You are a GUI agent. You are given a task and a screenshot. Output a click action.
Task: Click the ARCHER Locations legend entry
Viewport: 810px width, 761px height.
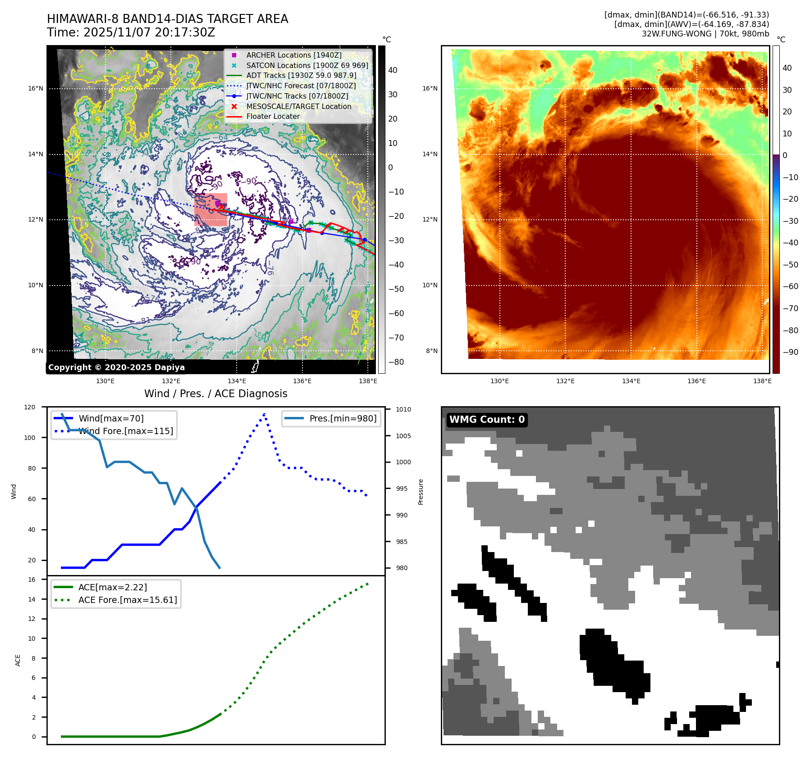coord(293,55)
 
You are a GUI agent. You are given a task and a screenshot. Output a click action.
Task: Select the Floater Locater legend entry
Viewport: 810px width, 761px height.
coord(273,116)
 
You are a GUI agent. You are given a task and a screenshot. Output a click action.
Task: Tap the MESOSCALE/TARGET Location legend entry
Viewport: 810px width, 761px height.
coord(298,106)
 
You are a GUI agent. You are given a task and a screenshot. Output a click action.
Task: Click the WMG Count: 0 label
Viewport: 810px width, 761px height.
coord(487,420)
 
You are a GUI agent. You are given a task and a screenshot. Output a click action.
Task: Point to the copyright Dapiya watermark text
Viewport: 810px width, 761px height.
coord(116,367)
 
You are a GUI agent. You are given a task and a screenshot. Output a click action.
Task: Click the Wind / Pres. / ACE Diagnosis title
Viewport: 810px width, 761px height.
coord(215,394)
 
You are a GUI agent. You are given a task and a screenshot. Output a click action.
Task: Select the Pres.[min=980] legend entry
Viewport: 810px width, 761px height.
coord(343,418)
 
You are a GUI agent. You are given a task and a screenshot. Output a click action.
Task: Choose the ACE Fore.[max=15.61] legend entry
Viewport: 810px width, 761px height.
coord(128,600)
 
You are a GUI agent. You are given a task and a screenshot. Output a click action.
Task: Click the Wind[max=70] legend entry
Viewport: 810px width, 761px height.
coord(111,418)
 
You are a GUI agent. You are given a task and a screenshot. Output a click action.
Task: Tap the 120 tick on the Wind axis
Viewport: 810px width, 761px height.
coord(30,407)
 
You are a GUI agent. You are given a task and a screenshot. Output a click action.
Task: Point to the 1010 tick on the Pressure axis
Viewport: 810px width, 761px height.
coord(403,409)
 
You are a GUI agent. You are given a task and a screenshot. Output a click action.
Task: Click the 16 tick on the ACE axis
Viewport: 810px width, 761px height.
coord(32,580)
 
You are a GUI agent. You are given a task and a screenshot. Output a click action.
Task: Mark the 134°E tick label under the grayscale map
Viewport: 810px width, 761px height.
coord(237,381)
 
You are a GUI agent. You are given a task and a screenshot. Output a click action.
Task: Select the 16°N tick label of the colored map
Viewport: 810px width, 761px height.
coord(430,88)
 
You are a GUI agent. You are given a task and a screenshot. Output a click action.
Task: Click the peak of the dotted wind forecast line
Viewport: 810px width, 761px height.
coord(264,413)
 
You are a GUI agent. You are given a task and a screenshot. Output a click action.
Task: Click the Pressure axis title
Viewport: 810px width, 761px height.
coord(421,492)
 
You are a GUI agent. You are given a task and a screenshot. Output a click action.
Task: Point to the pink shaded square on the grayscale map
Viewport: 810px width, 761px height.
coord(211,209)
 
